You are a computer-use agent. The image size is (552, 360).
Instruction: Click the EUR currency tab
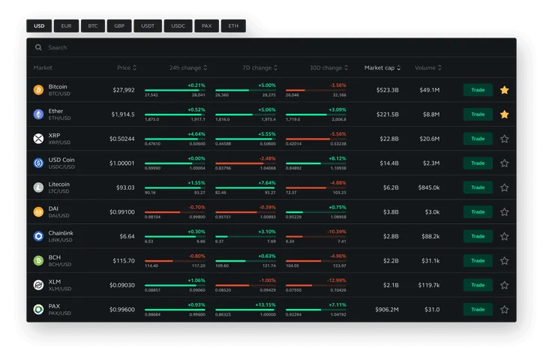click(66, 25)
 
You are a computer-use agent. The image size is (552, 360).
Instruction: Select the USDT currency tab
click(148, 25)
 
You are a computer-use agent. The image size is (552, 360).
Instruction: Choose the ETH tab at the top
click(233, 25)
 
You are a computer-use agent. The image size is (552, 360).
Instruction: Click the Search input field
click(225, 47)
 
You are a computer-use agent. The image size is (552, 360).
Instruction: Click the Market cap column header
click(382, 68)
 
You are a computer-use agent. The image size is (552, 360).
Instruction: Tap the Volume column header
click(427, 68)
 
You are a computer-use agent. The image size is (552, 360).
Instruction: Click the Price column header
click(126, 68)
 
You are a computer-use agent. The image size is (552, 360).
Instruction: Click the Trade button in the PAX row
click(478, 309)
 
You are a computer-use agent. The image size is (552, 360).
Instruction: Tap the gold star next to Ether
click(505, 114)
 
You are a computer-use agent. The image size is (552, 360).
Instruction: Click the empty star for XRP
click(505, 139)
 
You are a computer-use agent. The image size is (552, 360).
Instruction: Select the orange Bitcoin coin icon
click(38, 90)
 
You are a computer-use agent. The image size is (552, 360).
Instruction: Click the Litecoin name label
click(59, 184)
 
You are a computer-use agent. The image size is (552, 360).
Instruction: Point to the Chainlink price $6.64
click(127, 236)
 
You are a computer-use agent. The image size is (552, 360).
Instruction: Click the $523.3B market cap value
click(387, 90)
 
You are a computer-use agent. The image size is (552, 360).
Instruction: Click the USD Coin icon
click(38, 163)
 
